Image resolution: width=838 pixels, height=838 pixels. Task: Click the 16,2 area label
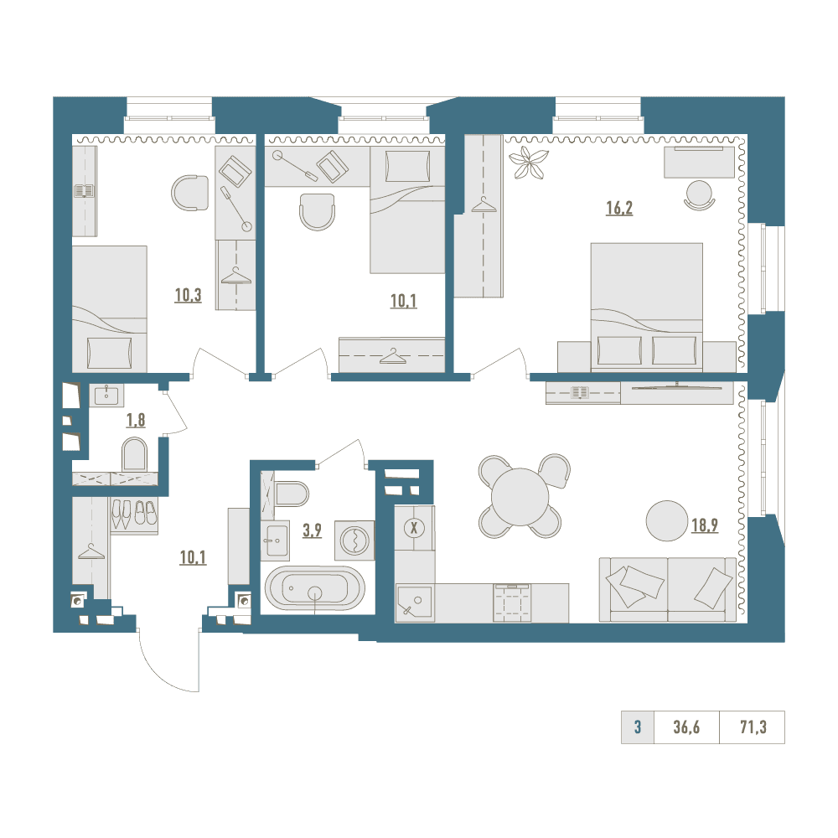click(619, 208)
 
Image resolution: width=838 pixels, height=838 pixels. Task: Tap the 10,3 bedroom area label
click(188, 295)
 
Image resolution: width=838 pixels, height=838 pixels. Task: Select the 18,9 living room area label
click(705, 525)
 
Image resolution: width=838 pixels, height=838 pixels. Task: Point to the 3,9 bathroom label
click(312, 530)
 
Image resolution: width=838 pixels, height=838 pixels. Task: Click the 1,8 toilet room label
click(136, 420)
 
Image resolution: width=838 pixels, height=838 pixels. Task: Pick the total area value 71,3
click(753, 727)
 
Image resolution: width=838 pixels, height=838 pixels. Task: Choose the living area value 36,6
click(686, 727)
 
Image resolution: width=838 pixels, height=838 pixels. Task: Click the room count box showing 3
click(638, 727)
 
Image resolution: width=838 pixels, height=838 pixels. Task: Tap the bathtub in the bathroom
click(315, 588)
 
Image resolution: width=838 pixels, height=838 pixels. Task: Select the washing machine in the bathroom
click(354, 541)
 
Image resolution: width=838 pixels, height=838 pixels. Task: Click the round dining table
click(520, 496)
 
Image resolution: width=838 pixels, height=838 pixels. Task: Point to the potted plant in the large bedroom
click(528, 163)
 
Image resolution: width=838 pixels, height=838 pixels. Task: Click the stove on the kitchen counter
click(513, 603)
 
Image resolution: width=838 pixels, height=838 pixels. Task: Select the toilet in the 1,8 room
click(134, 454)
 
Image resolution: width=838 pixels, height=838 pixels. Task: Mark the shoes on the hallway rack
click(133, 514)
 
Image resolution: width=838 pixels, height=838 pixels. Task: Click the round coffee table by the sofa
click(667, 520)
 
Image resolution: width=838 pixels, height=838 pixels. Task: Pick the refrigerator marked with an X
click(414, 528)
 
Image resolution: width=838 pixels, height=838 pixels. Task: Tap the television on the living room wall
click(677, 385)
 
